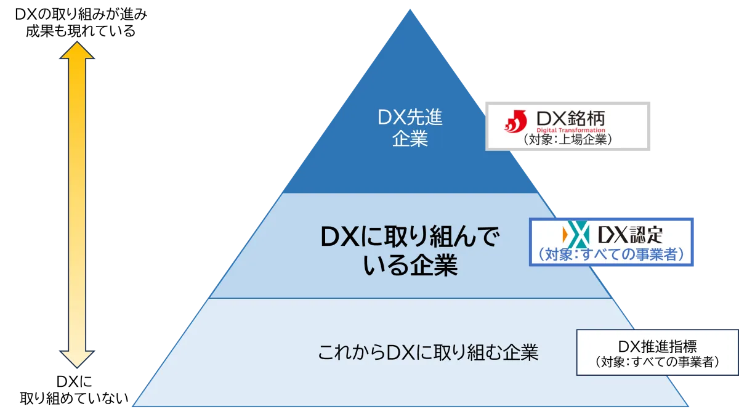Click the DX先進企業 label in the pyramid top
pyautogui.click(x=410, y=128)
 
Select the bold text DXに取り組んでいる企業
pyautogui.click(x=410, y=251)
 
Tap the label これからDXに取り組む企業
pyautogui.click(x=428, y=352)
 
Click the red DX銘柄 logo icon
pyautogui.click(x=515, y=121)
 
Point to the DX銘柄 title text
pyautogui.click(x=571, y=118)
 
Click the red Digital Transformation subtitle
pyautogui.click(x=571, y=130)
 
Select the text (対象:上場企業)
pyautogui.click(x=568, y=139)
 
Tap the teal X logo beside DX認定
pyautogui.click(x=578, y=235)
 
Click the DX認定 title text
pyautogui.click(x=630, y=235)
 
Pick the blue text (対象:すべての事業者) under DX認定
pyautogui.click(x=611, y=254)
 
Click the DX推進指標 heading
pyautogui.click(x=658, y=346)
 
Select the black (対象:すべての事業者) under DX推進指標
pyautogui.click(x=658, y=362)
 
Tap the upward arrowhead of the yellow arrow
pyautogui.click(x=77, y=50)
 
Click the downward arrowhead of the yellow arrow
pyautogui.click(x=77, y=359)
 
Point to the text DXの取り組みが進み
pyautogui.click(x=81, y=14)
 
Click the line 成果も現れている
pyautogui.click(x=81, y=31)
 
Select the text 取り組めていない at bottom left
pyautogui.click(x=75, y=399)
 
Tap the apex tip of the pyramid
pyautogui.click(x=410, y=9)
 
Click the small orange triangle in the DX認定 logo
pyautogui.click(x=565, y=235)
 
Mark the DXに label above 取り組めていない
pyautogui.click(x=75, y=381)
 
